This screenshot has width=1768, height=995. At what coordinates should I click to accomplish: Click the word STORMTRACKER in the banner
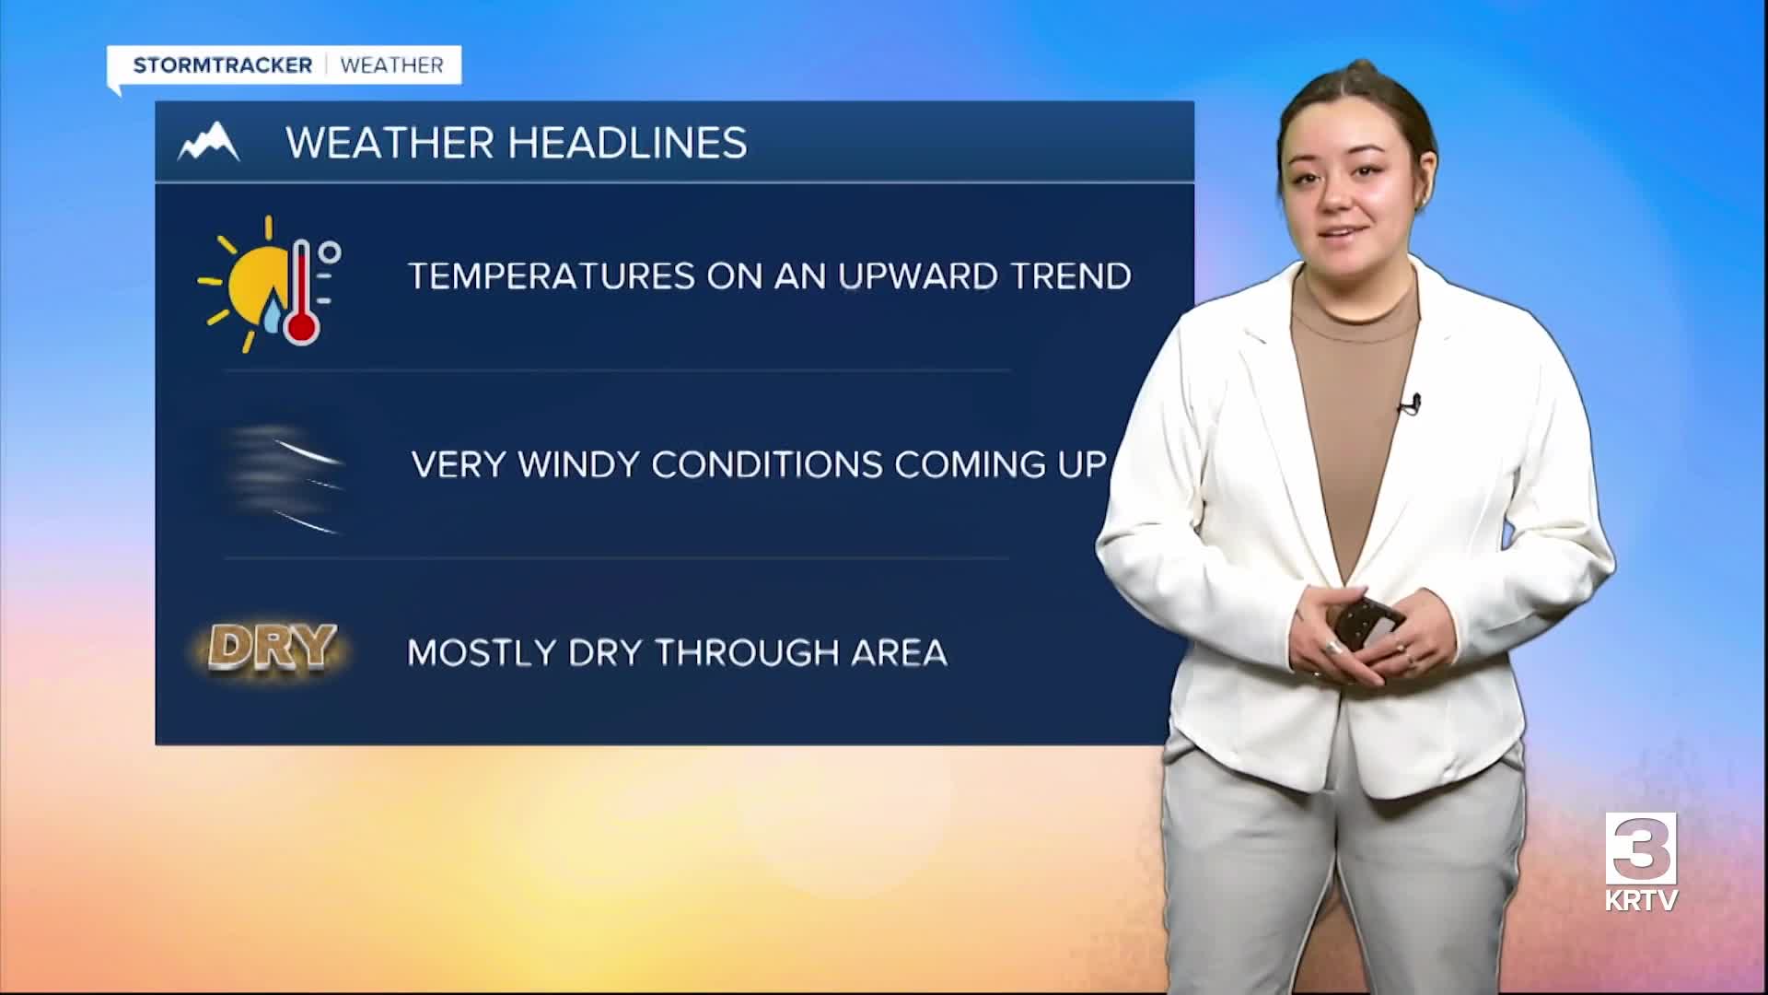click(x=223, y=65)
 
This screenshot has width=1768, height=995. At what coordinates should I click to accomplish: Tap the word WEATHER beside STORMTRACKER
click(x=392, y=65)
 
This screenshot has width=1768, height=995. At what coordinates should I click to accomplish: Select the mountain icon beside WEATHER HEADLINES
click(x=209, y=142)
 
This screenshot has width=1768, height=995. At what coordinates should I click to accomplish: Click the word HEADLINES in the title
click(x=627, y=143)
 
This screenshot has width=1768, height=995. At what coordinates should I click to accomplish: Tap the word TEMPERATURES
click(x=552, y=276)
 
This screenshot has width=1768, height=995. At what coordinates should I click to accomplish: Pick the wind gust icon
click(x=285, y=477)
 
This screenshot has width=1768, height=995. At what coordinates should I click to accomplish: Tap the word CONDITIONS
click(x=767, y=464)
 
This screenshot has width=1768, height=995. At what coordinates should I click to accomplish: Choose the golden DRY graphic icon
click(x=272, y=647)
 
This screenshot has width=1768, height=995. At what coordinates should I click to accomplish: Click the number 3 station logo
click(x=1640, y=848)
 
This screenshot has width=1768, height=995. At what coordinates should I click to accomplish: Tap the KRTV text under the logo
click(x=1641, y=900)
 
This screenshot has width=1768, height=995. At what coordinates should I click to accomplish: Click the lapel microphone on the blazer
click(x=1411, y=404)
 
